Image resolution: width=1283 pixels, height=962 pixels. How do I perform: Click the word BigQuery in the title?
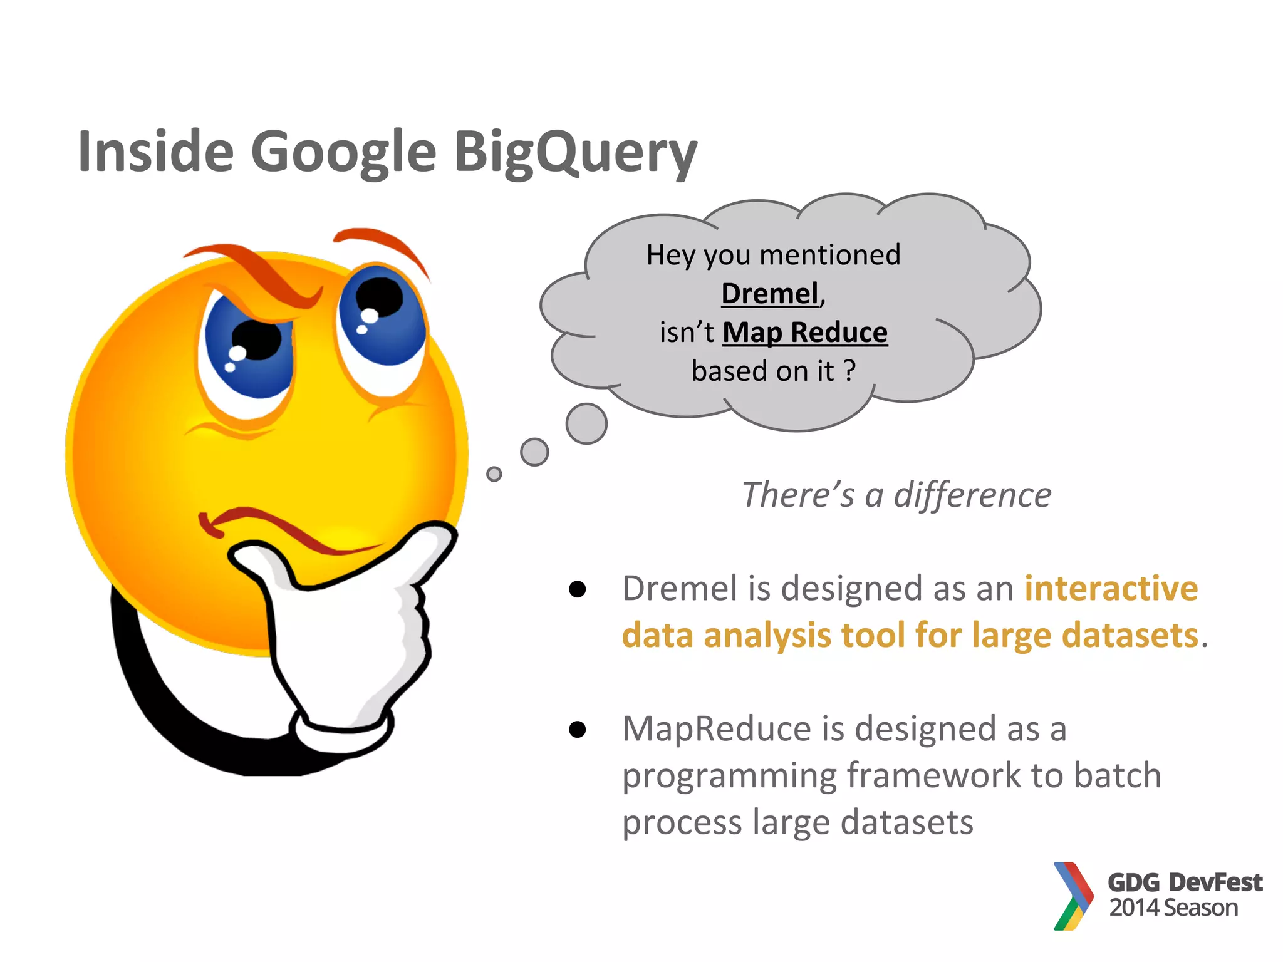(574, 152)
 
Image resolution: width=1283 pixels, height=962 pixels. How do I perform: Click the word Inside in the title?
(155, 152)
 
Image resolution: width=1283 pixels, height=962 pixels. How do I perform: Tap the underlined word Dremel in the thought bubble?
(770, 294)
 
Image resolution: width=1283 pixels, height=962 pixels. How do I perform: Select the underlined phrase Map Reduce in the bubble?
(805, 333)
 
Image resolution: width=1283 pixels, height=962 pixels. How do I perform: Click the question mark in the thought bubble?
(849, 371)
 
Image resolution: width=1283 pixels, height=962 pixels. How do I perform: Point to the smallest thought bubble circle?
(494, 474)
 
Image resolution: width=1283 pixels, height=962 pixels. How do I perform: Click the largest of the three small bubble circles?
(586, 424)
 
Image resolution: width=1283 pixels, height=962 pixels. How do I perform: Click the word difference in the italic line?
(972, 495)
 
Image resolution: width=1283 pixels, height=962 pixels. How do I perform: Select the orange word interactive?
(1111, 589)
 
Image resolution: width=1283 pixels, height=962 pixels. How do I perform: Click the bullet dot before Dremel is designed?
(577, 589)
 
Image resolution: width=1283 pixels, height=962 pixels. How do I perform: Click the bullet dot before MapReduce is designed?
(577, 730)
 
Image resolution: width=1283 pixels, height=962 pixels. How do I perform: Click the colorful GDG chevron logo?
(1073, 896)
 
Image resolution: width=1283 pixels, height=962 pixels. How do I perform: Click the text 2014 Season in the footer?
(1173, 908)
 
